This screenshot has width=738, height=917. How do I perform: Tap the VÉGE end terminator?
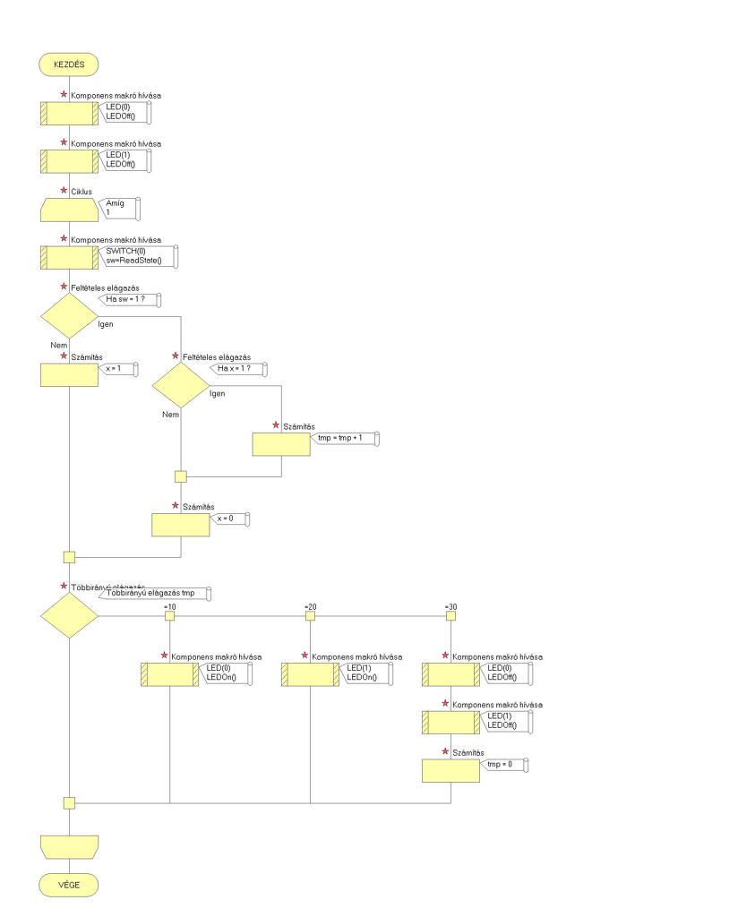(69, 884)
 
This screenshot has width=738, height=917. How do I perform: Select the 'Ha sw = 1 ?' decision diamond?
(69, 316)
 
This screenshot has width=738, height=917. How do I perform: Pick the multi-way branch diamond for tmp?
(69, 616)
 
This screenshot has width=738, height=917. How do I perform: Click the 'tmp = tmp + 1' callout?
(348, 437)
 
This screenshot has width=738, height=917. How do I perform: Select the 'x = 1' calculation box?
(69, 375)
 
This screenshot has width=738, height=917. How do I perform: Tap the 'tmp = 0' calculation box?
(451, 770)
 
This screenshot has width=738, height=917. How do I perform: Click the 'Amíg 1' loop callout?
(120, 209)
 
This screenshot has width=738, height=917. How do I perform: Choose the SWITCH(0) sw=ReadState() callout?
(134, 255)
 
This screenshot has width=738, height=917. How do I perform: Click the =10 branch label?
(169, 607)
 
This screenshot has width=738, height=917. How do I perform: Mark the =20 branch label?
(310, 607)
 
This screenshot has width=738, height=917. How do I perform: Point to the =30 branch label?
(451, 607)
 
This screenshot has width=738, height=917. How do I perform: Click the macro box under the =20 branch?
(310, 674)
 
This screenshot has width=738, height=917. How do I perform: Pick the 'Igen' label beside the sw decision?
(106, 323)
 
